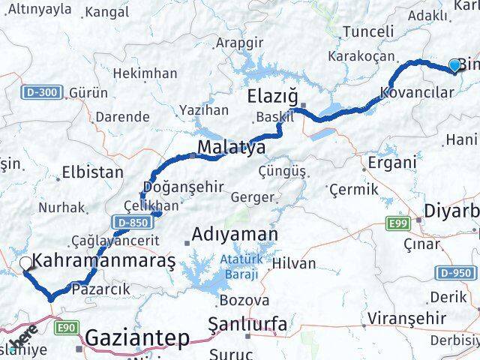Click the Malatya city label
231,148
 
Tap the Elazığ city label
274,98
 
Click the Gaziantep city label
136,338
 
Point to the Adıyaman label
235,235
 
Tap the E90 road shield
66,327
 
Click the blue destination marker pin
454,66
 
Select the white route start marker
25,262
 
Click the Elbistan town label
93,172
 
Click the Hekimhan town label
145,73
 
